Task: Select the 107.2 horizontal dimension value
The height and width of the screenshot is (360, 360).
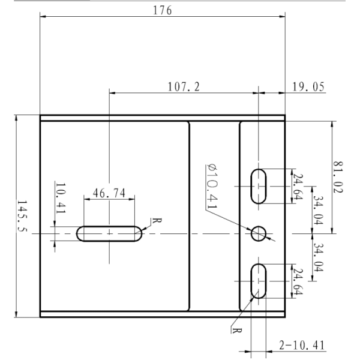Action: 182,87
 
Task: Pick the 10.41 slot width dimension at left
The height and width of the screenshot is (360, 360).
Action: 59,198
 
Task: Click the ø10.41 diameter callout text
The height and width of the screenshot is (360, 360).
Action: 211,186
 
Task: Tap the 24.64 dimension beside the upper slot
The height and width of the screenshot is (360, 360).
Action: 296,187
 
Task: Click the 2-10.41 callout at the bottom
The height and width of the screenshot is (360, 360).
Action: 302,345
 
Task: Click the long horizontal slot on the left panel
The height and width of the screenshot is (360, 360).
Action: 110,233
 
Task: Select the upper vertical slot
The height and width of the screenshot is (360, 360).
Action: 259,186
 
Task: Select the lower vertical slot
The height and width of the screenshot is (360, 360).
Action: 259,281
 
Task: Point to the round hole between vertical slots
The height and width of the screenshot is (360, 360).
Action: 259,233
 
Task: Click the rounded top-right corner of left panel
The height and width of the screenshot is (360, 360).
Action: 187,124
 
